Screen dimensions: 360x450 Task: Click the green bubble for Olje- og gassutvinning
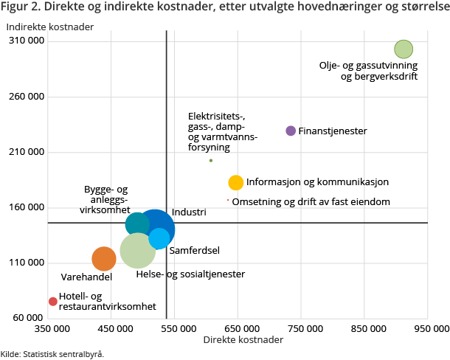(x=403, y=49)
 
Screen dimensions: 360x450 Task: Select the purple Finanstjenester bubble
(x=291, y=131)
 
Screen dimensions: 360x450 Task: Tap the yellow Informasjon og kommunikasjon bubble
(x=236, y=182)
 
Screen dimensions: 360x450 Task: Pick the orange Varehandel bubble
(x=104, y=259)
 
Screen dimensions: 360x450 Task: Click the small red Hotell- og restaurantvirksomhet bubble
(x=52, y=301)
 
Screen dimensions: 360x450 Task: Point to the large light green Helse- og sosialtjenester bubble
(x=137, y=251)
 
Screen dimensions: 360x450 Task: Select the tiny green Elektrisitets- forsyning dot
(x=211, y=160)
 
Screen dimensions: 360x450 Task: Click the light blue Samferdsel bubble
(x=159, y=238)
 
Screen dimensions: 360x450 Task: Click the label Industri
(x=190, y=212)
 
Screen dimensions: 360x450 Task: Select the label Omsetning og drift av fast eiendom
(x=311, y=201)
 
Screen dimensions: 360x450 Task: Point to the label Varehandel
(x=86, y=277)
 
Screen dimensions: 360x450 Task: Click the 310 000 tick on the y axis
(x=26, y=41)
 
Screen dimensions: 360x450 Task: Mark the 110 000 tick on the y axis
(x=26, y=263)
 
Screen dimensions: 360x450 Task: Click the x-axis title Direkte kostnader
(x=243, y=340)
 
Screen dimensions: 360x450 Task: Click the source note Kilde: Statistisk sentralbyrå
(x=52, y=354)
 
